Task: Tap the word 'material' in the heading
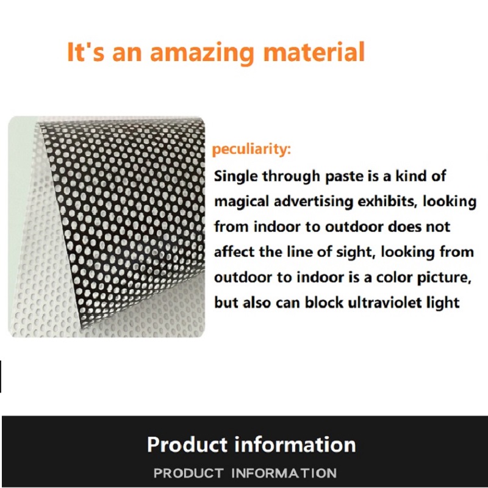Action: [314, 52]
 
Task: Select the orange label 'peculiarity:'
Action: [251, 149]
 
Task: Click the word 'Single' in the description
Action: [236, 177]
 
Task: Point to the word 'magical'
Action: [242, 202]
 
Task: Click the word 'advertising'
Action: [314, 202]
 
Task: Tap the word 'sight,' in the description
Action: [355, 253]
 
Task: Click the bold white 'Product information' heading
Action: [251, 444]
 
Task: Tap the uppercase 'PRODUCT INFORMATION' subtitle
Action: [245, 473]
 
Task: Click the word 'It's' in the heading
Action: [85, 52]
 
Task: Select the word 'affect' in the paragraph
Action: [234, 252]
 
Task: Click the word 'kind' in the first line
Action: [411, 176]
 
